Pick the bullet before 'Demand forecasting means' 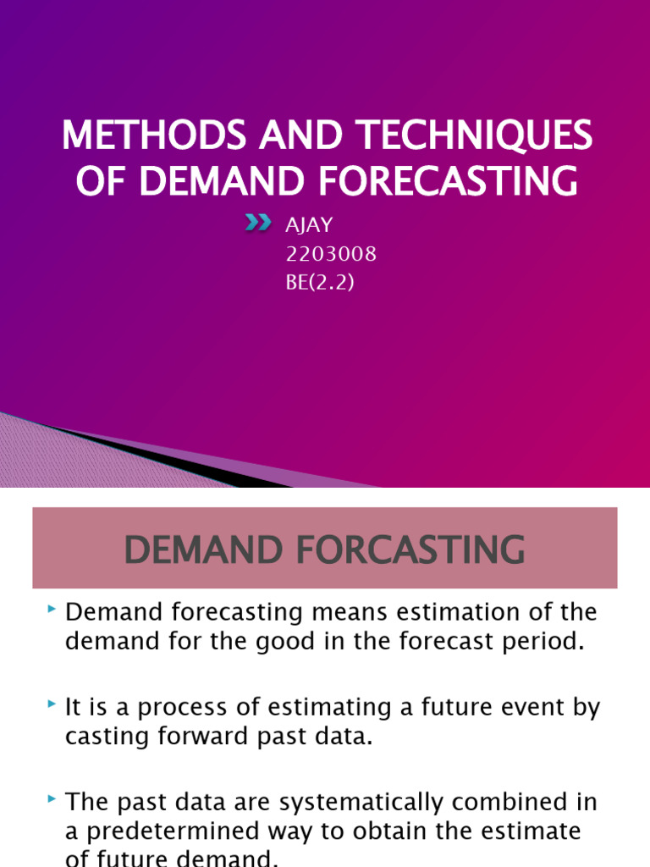[53, 610]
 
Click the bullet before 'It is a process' [53, 704]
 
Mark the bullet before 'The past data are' [53, 799]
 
